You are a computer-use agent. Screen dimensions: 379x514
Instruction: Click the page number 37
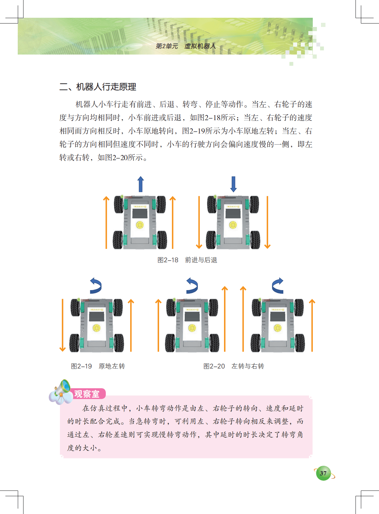tap(323, 473)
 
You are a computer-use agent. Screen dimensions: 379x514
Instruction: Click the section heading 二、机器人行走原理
tap(98, 87)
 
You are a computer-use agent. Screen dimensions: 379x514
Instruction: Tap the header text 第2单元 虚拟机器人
tap(186, 46)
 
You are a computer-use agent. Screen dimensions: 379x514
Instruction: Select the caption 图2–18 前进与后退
tap(187, 260)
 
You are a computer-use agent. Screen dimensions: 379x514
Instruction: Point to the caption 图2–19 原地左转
tap(98, 366)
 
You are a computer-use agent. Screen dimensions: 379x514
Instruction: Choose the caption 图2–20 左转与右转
tap(234, 366)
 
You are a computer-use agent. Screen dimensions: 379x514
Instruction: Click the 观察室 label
tap(87, 394)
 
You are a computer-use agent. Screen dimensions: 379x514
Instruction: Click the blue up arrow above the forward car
tap(140, 184)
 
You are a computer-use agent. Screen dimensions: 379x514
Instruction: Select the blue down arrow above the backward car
tap(233, 184)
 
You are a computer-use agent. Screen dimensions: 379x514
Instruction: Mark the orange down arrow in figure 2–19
tap(62, 325)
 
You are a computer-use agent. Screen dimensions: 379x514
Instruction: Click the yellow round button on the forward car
tap(140, 225)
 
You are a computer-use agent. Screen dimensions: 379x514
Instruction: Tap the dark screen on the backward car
tap(233, 213)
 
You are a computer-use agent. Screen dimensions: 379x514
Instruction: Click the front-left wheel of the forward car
tap(119, 205)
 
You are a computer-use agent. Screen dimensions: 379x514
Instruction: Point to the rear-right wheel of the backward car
tap(255, 240)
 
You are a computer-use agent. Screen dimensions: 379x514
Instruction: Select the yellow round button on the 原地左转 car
tap(96, 328)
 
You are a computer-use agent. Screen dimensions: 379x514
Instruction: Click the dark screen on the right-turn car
tap(278, 316)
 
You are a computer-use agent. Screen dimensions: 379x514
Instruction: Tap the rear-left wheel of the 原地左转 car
tap(74, 343)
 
